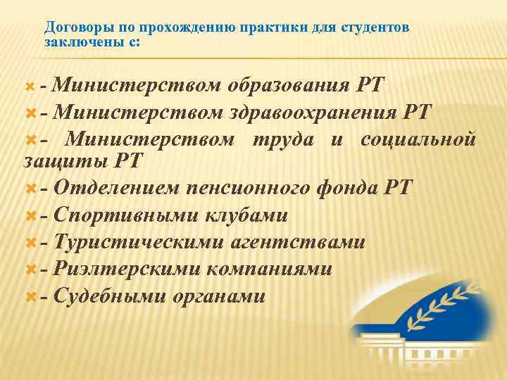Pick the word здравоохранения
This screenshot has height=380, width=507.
314,113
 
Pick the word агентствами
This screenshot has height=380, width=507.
297,242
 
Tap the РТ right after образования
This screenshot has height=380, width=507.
370,86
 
